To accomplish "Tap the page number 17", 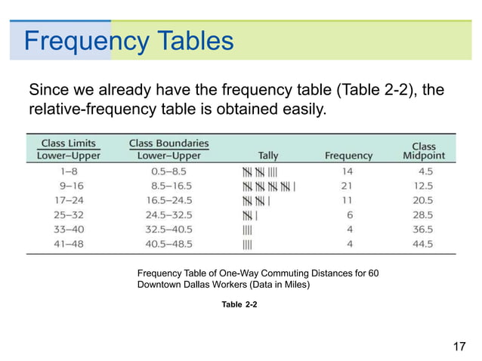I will [459, 347].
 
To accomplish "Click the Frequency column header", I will [348, 156].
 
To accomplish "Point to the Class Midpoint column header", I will [423, 150].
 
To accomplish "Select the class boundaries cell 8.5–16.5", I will [171, 186].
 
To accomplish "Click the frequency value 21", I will [348, 186].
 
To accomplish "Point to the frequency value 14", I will [348, 171].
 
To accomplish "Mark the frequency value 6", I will [350, 215].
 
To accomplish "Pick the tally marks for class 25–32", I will [250, 215].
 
